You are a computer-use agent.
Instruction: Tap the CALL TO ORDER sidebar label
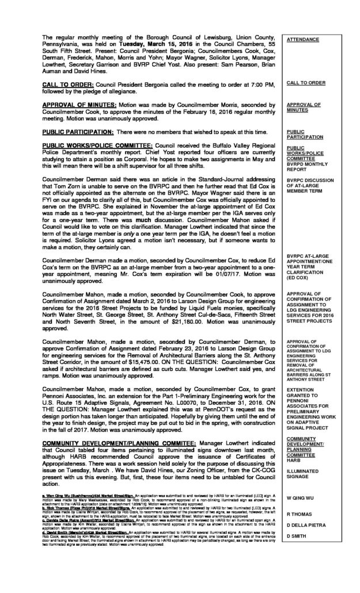pos(305,83)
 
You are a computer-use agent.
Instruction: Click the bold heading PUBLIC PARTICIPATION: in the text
pos(76,132)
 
